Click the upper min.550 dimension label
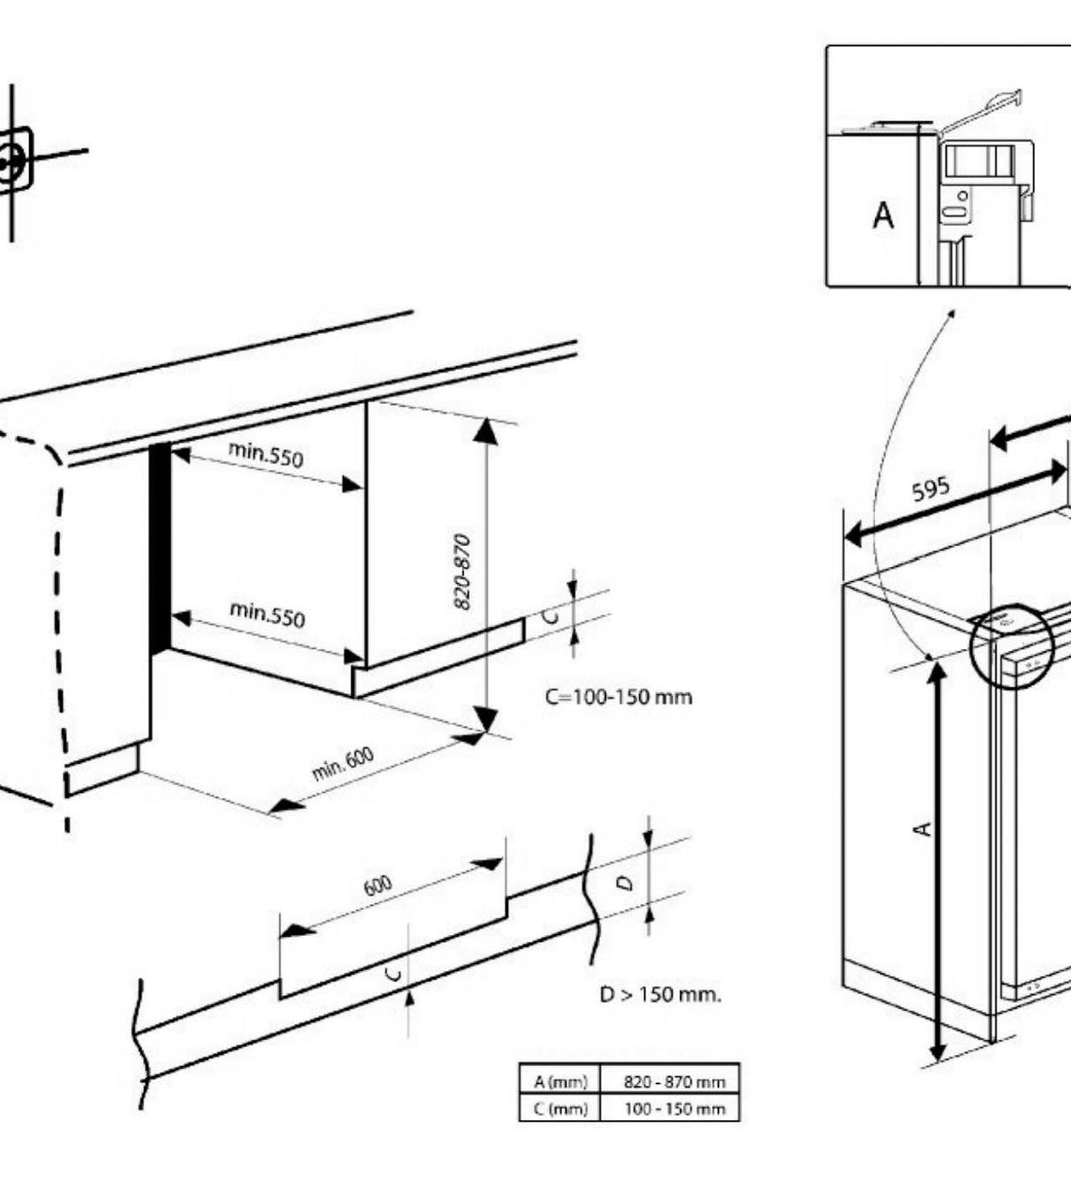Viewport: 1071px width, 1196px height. (266, 455)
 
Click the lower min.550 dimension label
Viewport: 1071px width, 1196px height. (267, 614)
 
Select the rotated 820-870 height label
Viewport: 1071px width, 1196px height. (462, 571)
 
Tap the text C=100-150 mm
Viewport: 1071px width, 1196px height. (618, 697)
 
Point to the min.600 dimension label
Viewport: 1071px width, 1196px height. (343, 763)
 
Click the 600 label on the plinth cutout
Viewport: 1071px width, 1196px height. (378, 886)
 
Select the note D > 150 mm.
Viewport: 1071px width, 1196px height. (661, 994)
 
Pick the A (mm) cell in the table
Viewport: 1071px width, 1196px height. (559, 1081)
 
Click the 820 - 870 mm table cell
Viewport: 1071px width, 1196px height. (674, 1081)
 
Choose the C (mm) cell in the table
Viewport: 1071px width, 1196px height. (559, 1109)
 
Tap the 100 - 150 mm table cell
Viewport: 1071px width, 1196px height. (674, 1109)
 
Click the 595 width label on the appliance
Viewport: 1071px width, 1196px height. (931, 489)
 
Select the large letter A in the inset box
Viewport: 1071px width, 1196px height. (882, 215)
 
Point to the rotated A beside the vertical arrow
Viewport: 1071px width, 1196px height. (922, 828)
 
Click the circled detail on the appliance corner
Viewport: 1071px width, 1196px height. (1011, 644)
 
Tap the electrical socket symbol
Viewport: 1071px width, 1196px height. (11, 161)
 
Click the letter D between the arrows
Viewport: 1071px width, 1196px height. (625, 882)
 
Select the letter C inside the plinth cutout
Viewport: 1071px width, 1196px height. (395, 973)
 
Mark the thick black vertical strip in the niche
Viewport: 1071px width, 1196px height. (159, 547)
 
